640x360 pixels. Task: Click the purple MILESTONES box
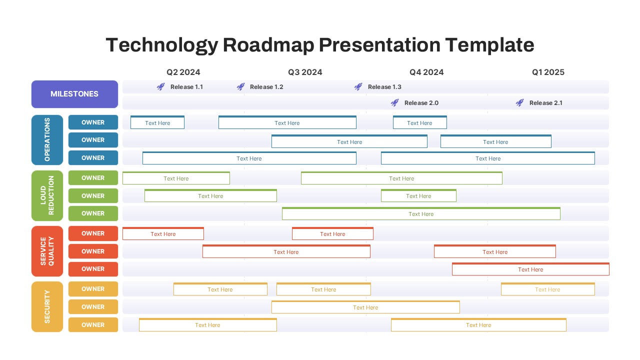[74, 94]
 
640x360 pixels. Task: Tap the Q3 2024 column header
[305, 72]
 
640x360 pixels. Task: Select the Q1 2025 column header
[548, 72]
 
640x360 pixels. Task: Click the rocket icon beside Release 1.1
[160, 87]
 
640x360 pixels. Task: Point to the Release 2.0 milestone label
[421, 103]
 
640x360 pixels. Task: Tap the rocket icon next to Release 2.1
[519, 103]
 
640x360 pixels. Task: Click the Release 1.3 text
[384, 87]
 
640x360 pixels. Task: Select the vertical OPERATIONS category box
[47, 140]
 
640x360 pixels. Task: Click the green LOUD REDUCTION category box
[47, 195]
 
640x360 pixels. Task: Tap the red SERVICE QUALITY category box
[47, 251]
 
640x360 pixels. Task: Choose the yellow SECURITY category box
[47, 306]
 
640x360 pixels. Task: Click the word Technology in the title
[161, 45]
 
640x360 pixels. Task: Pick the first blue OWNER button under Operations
[93, 122]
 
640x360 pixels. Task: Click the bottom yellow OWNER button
[93, 325]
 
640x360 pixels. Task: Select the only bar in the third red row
[530, 269]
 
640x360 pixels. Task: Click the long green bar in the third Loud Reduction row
[421, 214]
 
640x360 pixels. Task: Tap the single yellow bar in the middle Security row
[365, 307]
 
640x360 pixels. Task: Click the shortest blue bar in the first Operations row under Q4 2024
[419, 123]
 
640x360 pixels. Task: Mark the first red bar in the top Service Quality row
[163, 234]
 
